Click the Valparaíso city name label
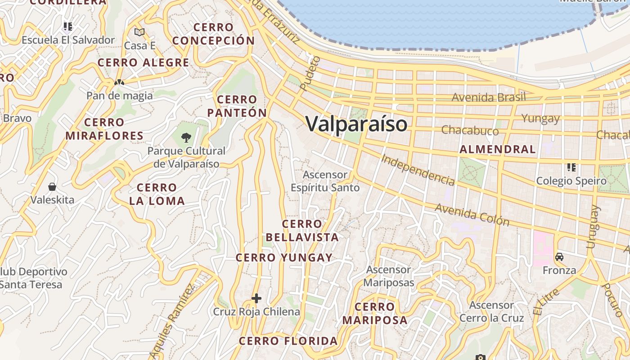(x=356, y=124)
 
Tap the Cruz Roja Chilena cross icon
(x=256, y=298)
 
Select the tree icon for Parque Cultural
(x=186, y=137)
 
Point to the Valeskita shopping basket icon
(x=52, y=186)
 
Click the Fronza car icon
(x=559, y=257)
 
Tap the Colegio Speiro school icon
(x=571, y=167)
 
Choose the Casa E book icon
(x=139, y=32)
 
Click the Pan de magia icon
(x=119, y=82)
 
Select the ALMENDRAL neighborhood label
(x=498, y=149)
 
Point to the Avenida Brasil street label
(x=488, y=97)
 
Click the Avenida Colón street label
(x=472, y=214)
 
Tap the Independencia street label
(x=418, y=170)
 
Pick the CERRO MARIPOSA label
(x=375, y=314)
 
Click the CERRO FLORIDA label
(x=288, y=341)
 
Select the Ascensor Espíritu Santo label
(x=325, y=181)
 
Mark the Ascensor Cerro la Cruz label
(x=491, y=311)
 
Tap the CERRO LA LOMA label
(x=157, y=194)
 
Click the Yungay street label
(x=540, y=118)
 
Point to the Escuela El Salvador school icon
(x=68, y=26)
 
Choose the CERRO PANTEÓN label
(x=237, y=106)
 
